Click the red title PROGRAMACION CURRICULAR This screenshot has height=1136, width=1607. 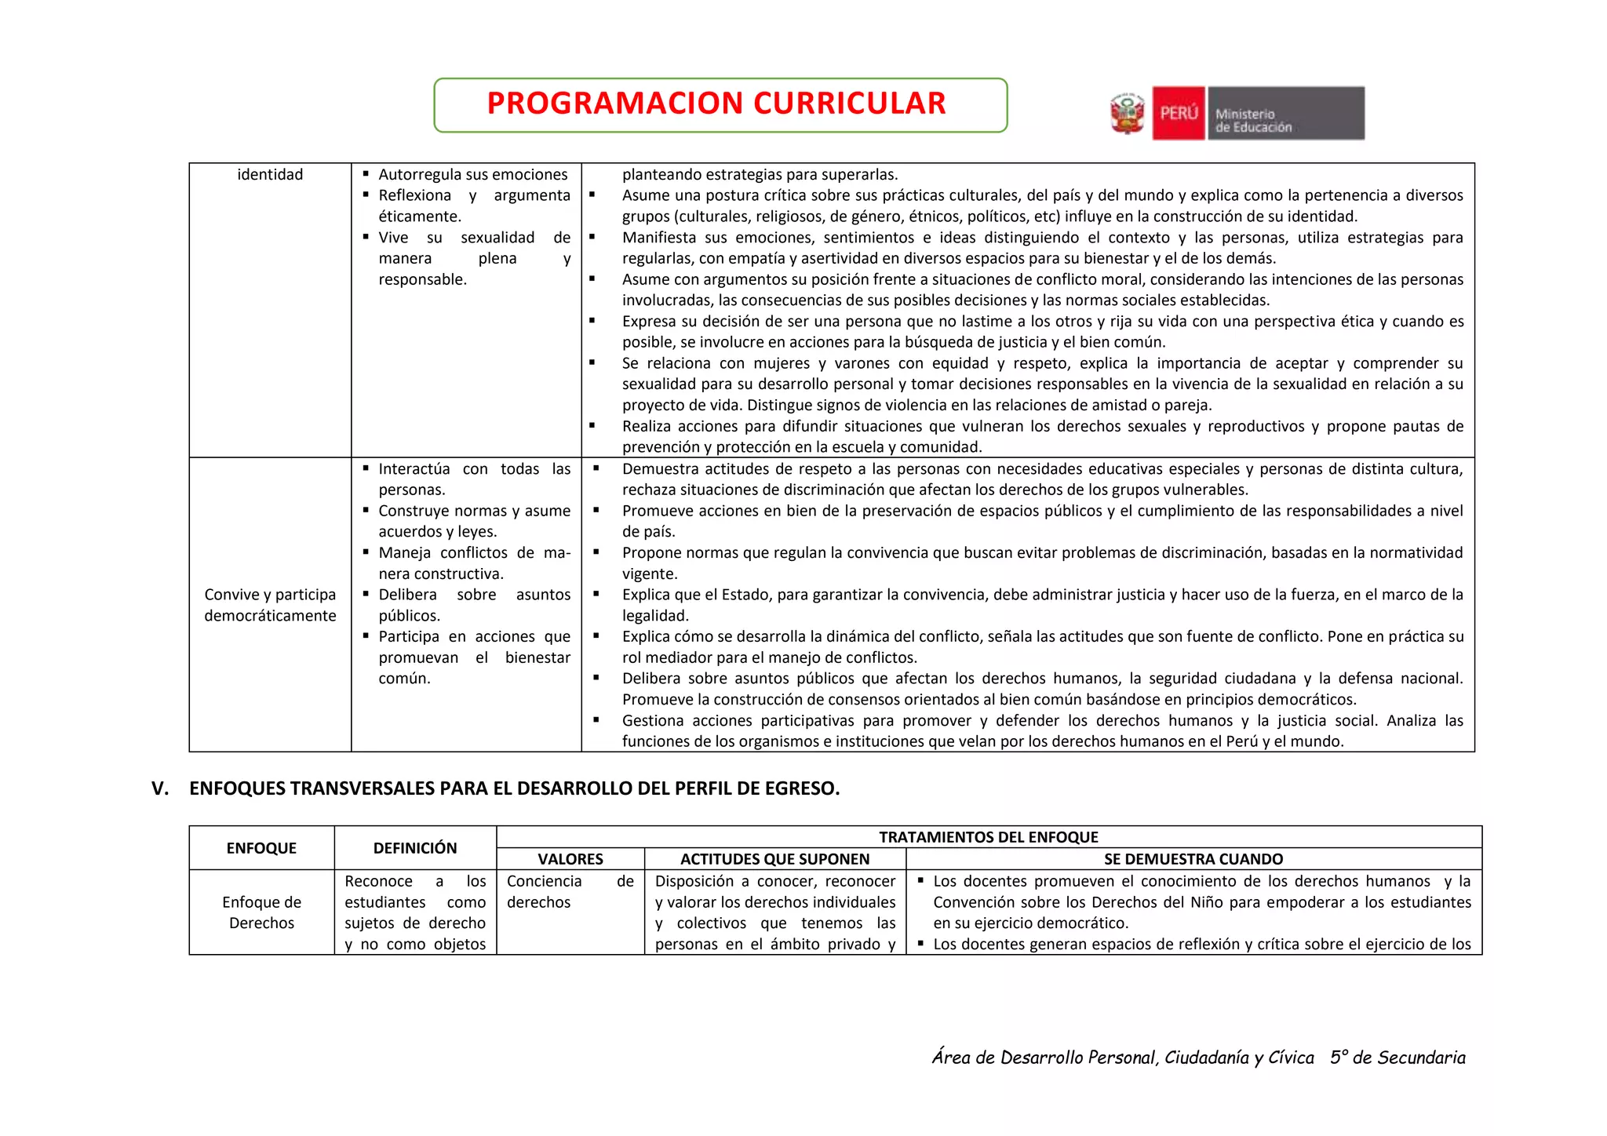point(716,104)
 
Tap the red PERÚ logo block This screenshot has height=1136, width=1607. point(1178,113)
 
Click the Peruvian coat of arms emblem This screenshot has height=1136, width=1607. point(1128,114)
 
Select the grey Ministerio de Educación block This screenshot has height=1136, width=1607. point(1285,114)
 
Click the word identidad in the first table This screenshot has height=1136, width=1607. point(270,174)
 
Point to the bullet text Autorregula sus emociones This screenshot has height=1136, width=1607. point(472,174)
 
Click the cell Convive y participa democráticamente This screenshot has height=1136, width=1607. point(270,605)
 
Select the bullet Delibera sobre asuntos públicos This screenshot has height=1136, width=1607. point(474,605)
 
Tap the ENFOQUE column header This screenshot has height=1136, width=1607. point(261,848)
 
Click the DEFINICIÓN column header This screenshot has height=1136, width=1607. point(415,848)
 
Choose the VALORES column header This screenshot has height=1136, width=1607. point(570,859)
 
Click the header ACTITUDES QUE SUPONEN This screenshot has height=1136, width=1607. point(774,859)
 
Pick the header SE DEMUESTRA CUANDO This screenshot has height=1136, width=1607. point(1193,859)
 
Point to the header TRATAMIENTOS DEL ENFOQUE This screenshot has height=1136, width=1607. point(988,837)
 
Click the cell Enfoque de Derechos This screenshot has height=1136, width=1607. point(261,912)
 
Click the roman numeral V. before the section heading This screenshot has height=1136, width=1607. point(160,788)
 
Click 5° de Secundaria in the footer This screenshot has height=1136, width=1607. point(1397,1058)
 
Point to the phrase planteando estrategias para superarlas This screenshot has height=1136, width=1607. point(760,174)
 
